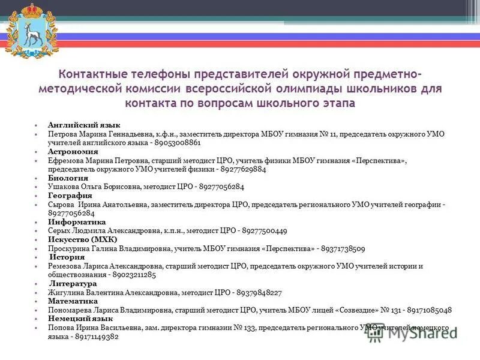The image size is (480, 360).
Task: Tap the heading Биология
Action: [x=68, y=178]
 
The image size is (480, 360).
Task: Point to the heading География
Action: [x=70, y=196]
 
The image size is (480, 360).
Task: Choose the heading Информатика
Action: [x=77, y=222]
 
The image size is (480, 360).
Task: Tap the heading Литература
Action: [x=73, y=283]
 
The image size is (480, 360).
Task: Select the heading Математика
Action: [x=73, y=301]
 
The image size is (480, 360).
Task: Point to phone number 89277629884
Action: [x=243, y=169]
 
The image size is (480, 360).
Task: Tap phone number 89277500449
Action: [x=265, y=231]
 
